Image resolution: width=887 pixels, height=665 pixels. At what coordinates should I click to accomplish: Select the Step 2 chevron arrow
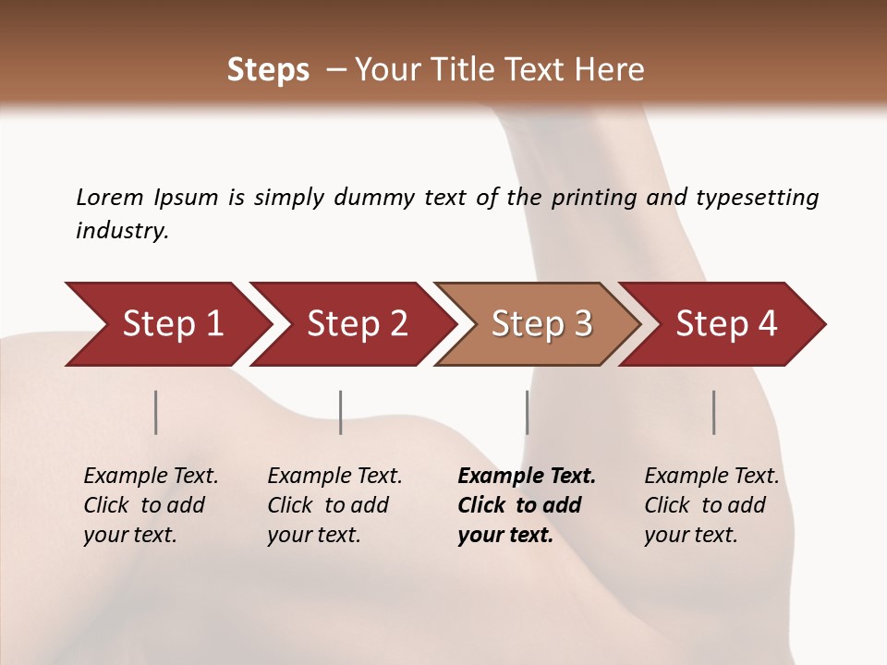(357, 324)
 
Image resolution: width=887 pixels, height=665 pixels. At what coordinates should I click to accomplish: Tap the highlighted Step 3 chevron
(541, 324)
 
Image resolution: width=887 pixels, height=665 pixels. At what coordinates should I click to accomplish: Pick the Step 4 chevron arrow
(726, 324)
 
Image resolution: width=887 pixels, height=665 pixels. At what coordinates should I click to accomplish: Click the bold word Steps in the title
(268, 70)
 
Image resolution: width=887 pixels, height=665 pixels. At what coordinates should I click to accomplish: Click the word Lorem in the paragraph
(109, 197)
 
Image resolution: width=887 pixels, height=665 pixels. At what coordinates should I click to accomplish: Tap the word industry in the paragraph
(121, 231)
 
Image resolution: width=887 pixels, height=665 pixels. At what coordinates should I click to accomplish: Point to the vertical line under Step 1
(156, 412)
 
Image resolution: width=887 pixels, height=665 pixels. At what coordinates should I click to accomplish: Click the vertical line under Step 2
(341, 412)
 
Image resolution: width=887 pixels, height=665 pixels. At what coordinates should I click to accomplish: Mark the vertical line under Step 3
(528, 412)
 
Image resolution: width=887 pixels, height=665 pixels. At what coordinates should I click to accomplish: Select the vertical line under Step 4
(714, 412)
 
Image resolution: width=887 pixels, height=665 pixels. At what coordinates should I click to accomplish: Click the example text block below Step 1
(151, 505)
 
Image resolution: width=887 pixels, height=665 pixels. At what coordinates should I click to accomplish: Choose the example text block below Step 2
(334, 505)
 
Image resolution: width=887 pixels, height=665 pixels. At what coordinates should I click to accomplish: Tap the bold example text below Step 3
(527, 505)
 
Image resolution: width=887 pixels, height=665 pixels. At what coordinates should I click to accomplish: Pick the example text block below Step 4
(711, 505)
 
